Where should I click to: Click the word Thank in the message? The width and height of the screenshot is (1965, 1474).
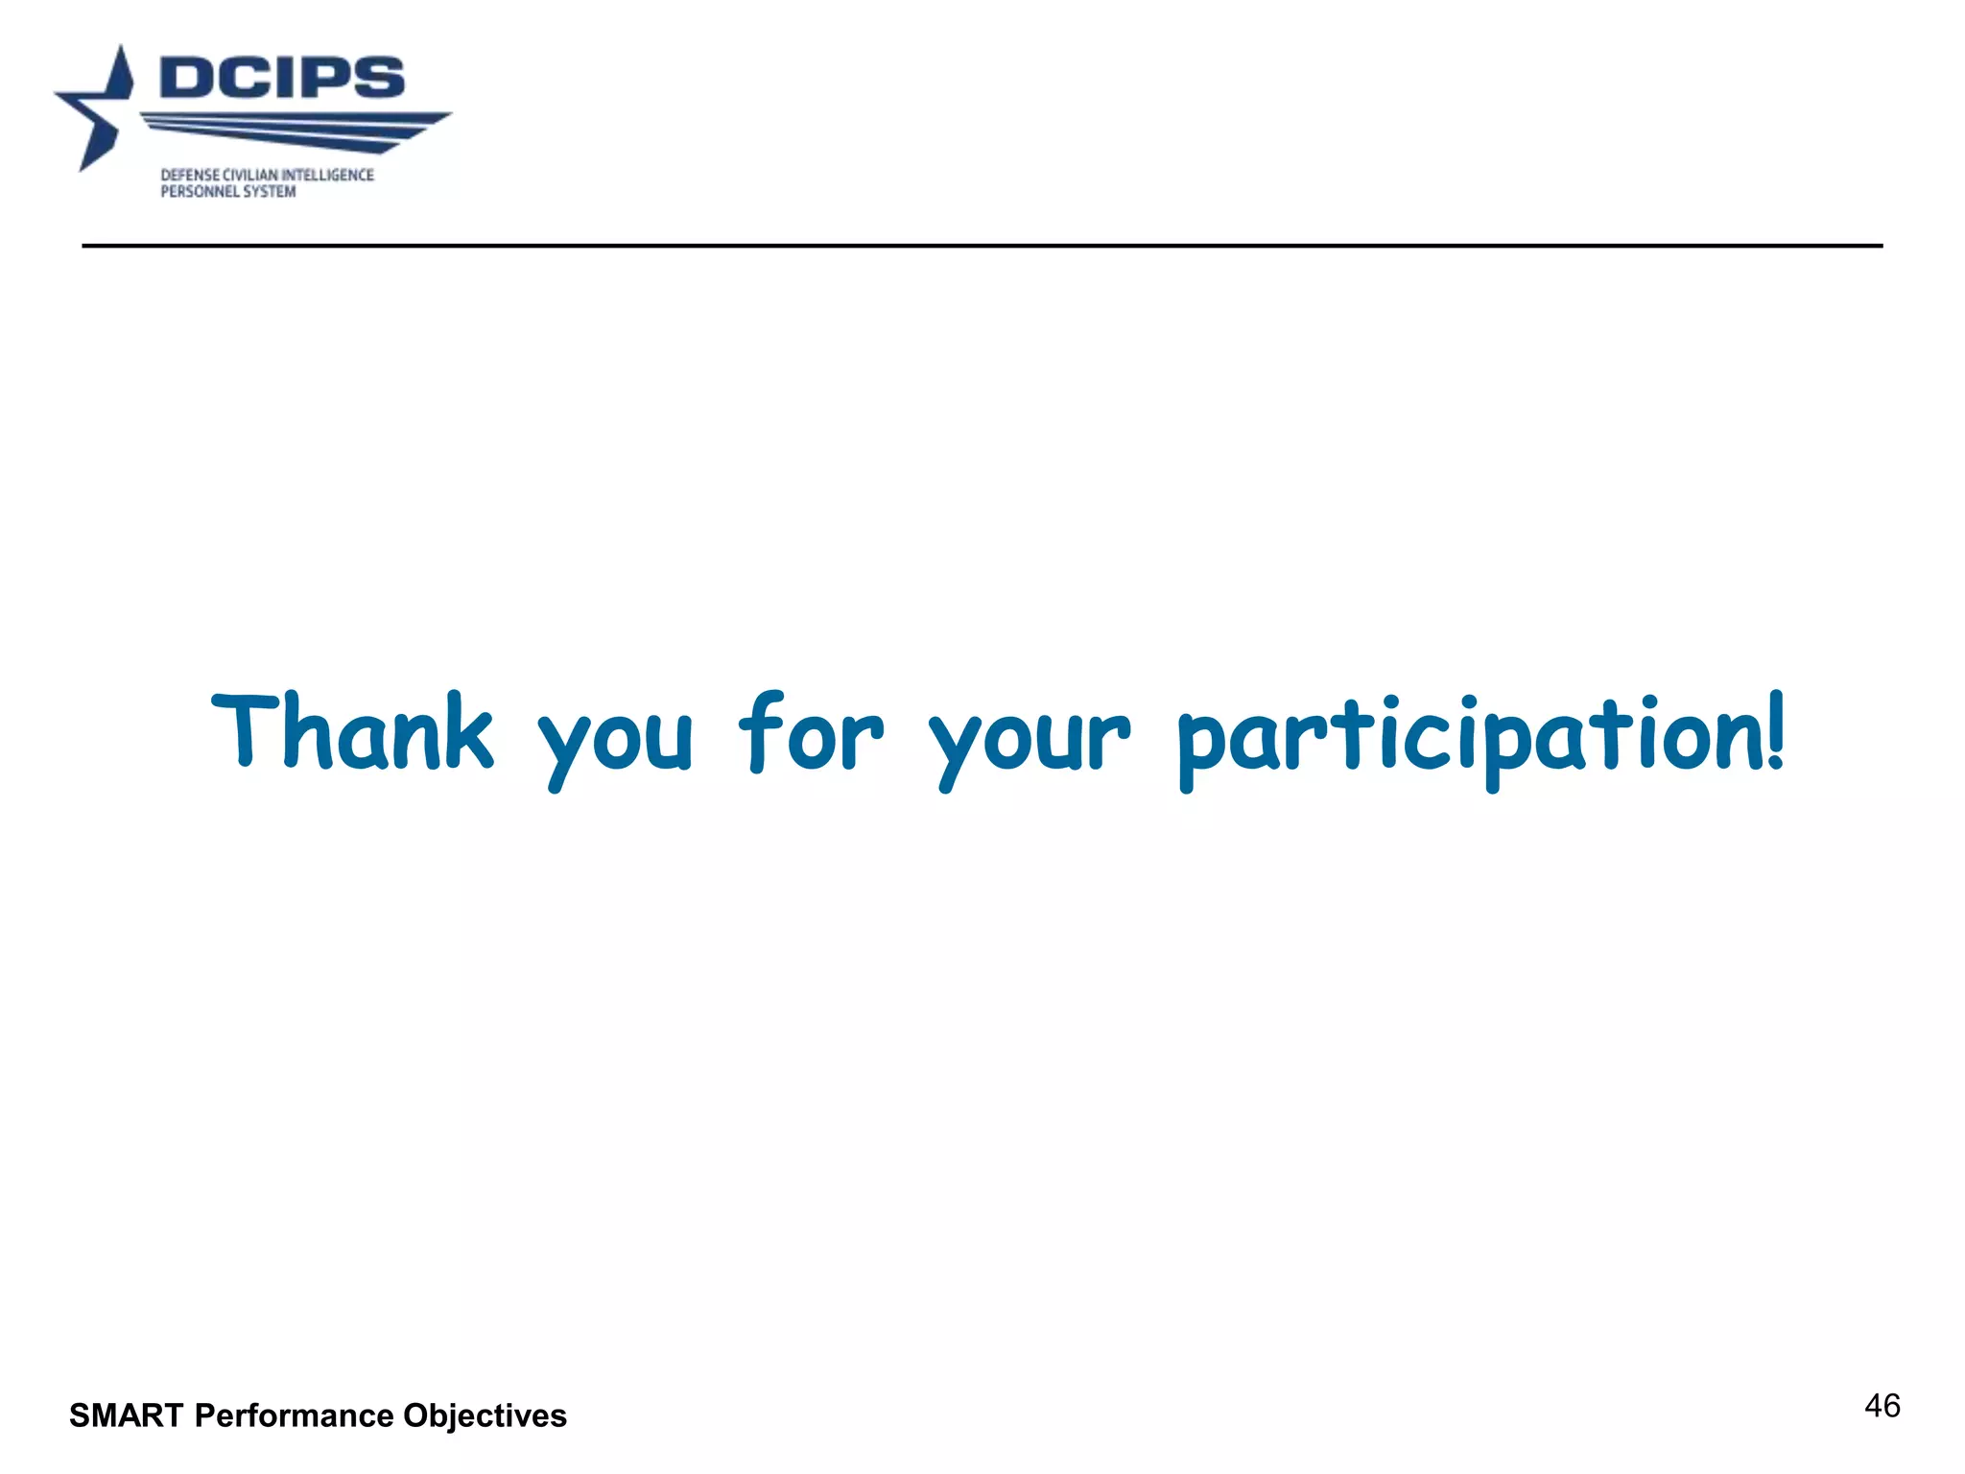pyautogui.click(x=352, y=732)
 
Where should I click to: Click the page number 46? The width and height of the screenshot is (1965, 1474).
pyautogui.click(x=1882, y=1406)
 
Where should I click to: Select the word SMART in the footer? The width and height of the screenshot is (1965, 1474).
pyautogui.click(x=126, y=1415)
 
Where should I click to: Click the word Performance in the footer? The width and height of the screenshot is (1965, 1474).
pyautogui.click(x=294, y=1415)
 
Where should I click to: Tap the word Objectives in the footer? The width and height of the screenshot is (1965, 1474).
pyautogui.click(x=485, y=1415)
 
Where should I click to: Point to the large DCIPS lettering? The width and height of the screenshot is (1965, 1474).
pyautogui.click(x=282, y=77)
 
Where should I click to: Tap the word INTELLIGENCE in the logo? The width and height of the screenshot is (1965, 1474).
pyautogui.click(x=327, y=175)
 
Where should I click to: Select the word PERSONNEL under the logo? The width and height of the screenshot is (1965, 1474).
pyautogui.click(x=200, y=192)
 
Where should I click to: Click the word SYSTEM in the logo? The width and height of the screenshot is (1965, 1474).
pyautogui.click(x=270, y=192)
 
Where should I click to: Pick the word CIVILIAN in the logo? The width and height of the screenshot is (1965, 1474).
pyautogui.click(x=249, y=175)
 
